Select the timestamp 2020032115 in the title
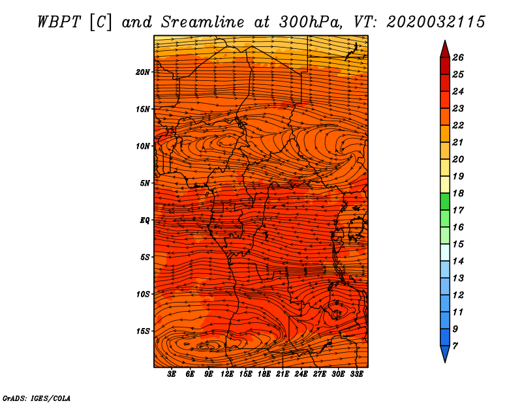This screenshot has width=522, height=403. coord(436,22)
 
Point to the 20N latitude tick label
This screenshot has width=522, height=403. coord(143,72)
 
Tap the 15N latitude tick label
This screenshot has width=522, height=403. coord(143,109)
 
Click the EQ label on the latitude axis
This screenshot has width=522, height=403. coord(145,220)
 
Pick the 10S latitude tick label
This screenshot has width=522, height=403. coord(143,294)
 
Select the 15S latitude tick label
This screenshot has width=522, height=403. coord(143,331)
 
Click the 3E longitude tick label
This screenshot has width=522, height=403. coord(172,374)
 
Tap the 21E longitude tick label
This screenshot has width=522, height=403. coord(283,374)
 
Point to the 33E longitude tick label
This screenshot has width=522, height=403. coord(357,374)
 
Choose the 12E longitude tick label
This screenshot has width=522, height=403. coord(228,374)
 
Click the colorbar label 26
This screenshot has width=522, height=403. coord(457,57)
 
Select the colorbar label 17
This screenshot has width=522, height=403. coord(457,210)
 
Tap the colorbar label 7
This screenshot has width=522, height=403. coord(455,346)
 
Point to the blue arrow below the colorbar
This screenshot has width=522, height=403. coord(444,353)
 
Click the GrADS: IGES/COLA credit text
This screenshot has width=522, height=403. coord(36,397)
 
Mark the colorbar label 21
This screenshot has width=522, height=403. coord(457,142)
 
